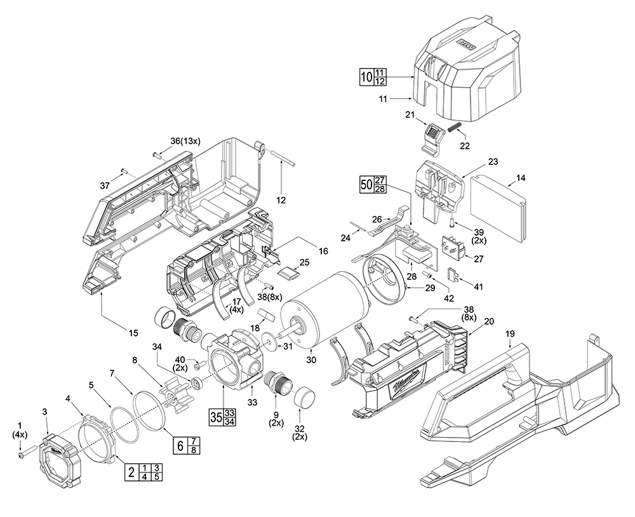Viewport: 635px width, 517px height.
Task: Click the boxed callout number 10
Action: point(366,77)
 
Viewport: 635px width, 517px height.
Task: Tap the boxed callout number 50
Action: point(366,184)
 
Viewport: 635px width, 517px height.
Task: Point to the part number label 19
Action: point(510,333)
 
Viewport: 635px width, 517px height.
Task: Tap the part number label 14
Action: point(521,178)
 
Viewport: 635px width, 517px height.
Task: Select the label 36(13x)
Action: point(185,141)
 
